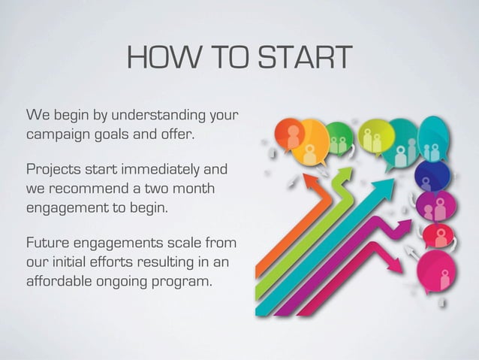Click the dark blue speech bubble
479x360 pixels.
[x=434, y=177]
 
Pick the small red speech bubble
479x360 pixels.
[x=436, y=235]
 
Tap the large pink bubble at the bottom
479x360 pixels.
[x=437, y=271]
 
